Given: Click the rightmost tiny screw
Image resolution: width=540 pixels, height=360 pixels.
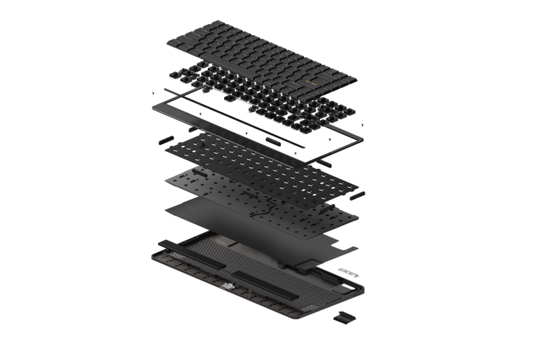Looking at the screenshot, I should (x=364, y=126).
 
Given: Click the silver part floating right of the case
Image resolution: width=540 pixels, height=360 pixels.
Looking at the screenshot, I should (x=348, y=272).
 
